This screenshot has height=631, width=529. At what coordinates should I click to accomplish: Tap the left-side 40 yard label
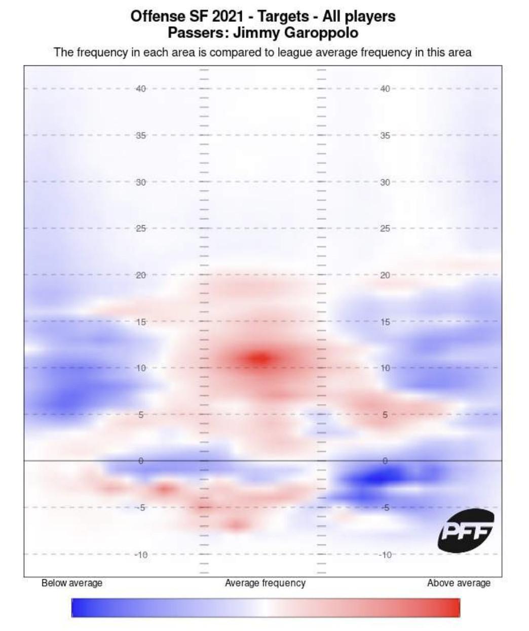point(141,89)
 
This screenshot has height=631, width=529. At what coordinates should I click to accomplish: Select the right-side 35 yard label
point(385,136)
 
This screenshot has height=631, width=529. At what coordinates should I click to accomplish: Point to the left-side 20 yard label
point(141,275)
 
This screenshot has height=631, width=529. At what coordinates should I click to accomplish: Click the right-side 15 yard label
point(385,322)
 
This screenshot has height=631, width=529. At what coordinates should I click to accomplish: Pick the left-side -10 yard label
point(141,555)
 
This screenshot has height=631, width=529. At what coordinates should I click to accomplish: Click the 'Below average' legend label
point(72,583)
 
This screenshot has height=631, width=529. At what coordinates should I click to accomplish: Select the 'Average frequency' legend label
point(265,583)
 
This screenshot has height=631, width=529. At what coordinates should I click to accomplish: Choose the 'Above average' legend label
point(459,583)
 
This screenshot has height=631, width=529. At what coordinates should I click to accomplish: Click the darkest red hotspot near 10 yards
point(261,358)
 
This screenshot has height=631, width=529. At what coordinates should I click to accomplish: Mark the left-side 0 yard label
point(141,461)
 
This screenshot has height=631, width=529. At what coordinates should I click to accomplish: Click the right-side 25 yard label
point(385,229)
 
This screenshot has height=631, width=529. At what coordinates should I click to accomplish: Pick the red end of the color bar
point(455,608)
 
